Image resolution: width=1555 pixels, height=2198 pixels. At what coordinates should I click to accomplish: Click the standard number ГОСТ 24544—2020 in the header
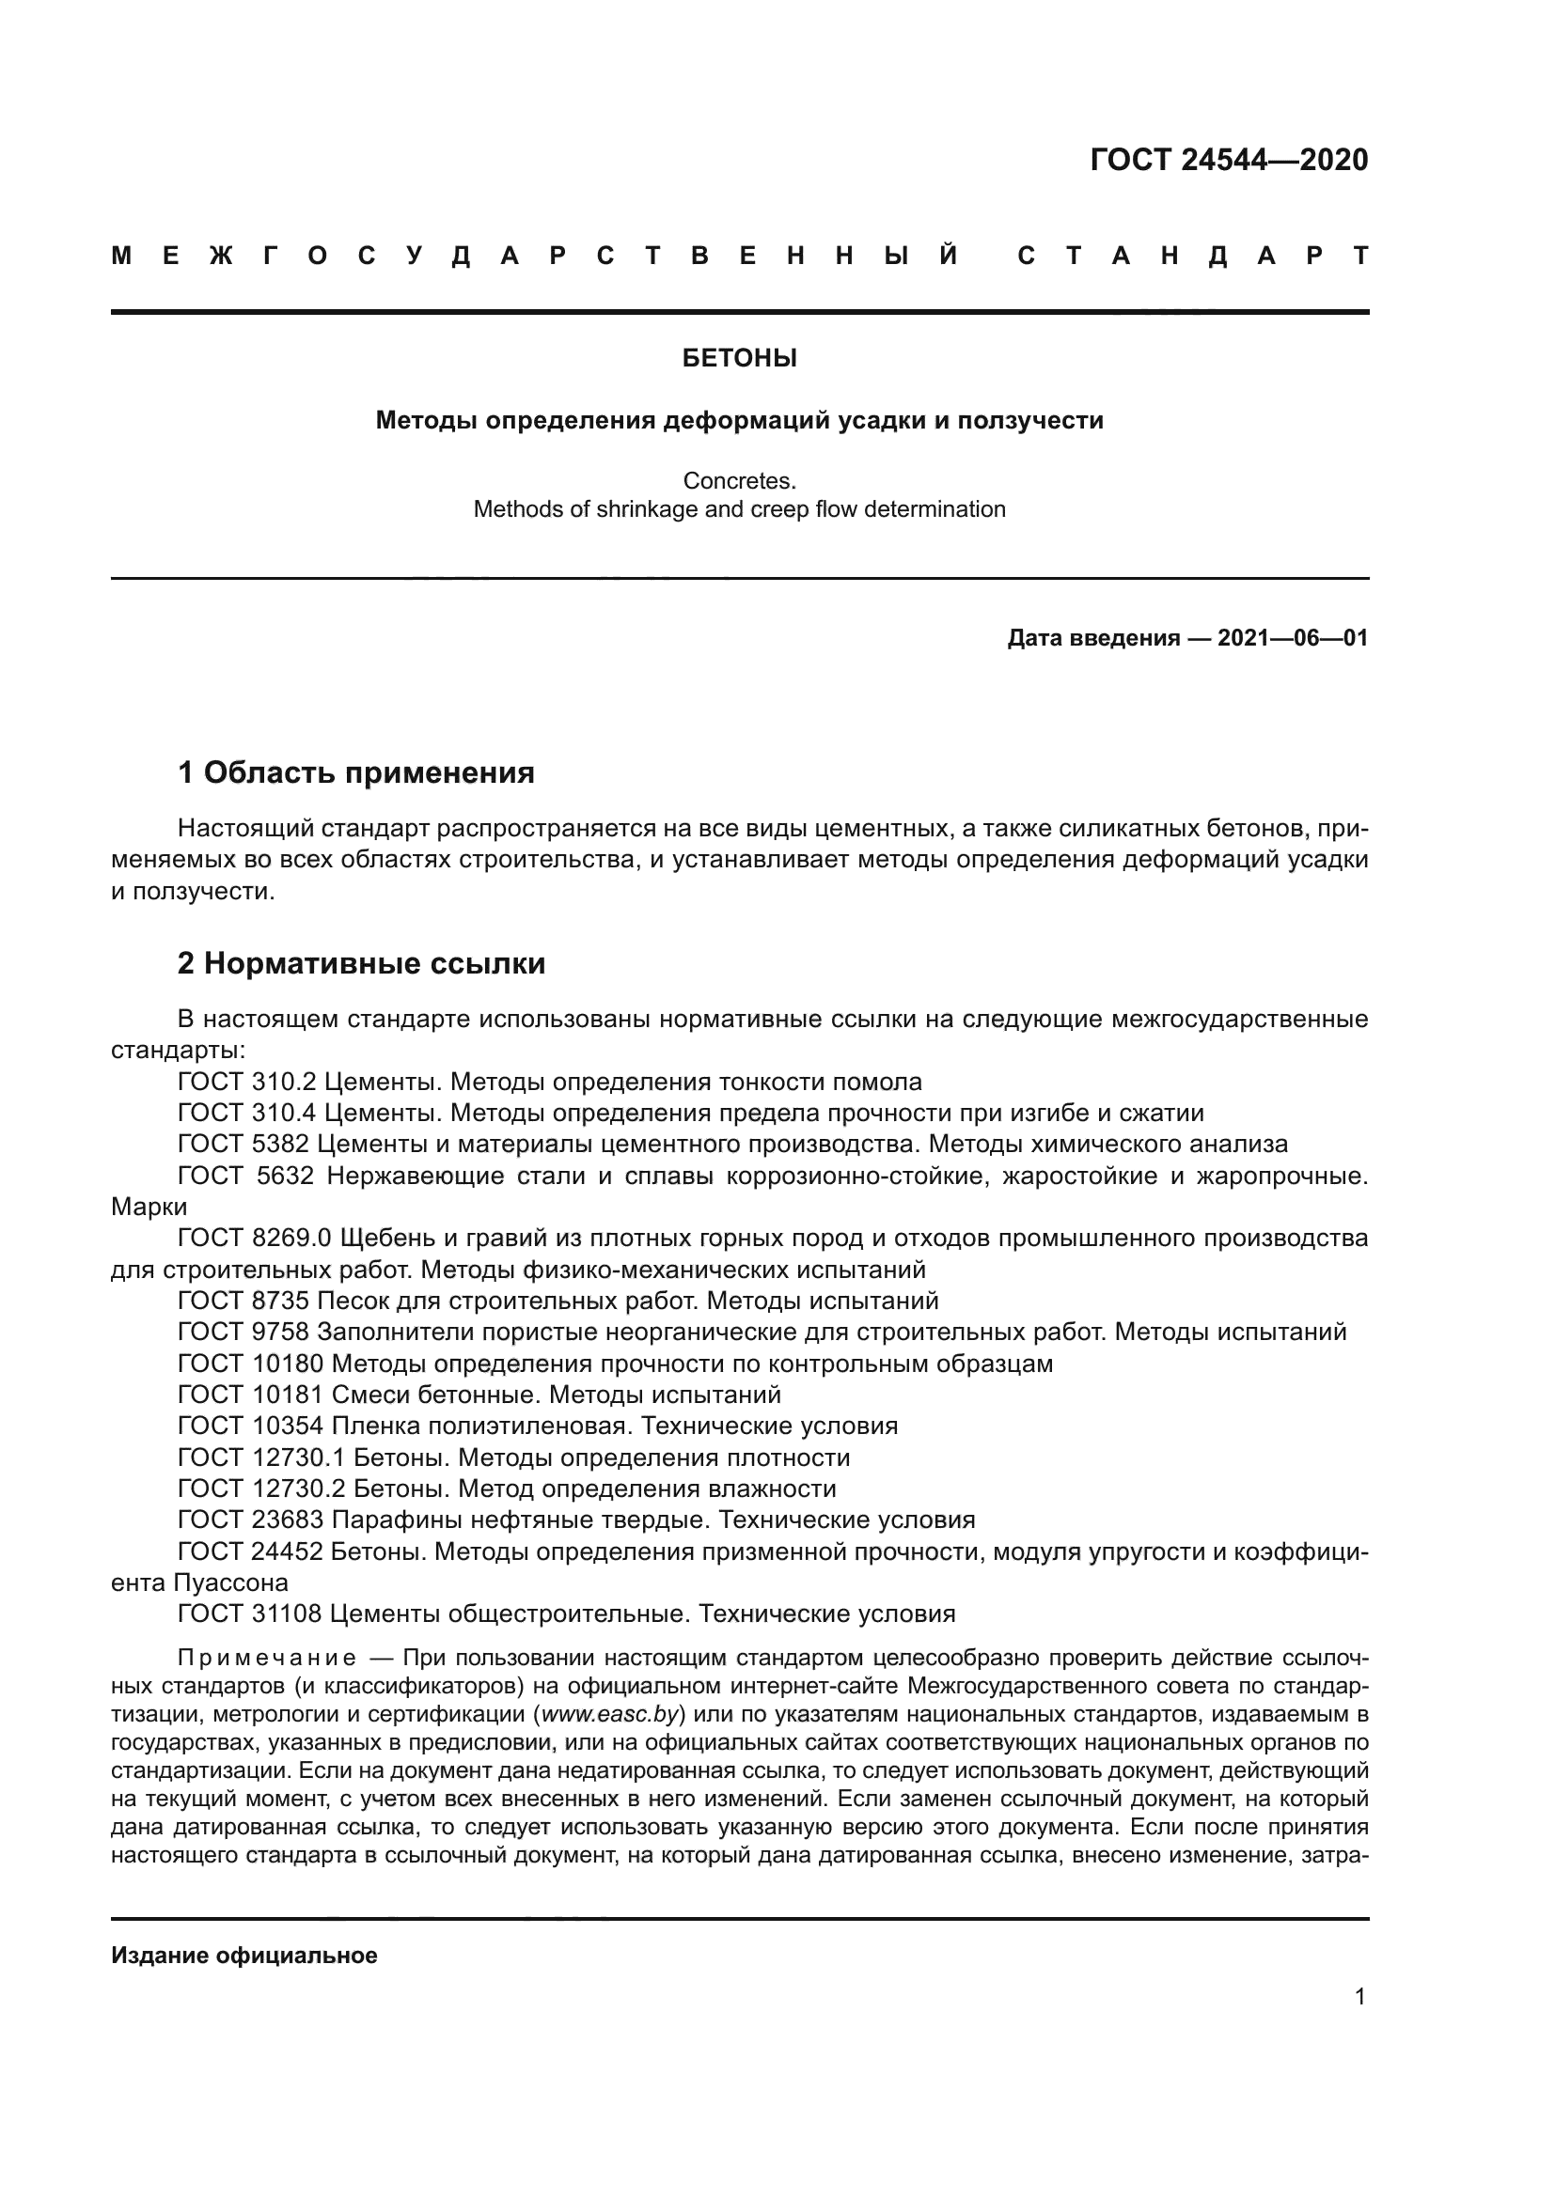point(1229,160)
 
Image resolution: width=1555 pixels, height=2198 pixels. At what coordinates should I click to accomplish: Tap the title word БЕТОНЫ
point(739,359)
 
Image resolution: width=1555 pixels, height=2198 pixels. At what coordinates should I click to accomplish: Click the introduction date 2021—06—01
point(1293,637)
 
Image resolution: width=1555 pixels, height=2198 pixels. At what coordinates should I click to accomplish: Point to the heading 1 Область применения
point(356,772)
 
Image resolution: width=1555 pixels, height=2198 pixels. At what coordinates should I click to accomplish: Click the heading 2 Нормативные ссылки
point(361,963)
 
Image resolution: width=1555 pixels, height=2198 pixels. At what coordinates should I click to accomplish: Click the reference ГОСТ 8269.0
point(254,1239)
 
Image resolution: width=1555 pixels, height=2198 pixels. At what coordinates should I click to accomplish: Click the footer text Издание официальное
point(244,1956)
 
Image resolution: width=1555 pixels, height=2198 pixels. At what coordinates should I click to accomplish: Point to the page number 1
point(1359,1997)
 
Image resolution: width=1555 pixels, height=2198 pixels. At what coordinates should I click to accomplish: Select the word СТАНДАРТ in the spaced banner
point(1193,257)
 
